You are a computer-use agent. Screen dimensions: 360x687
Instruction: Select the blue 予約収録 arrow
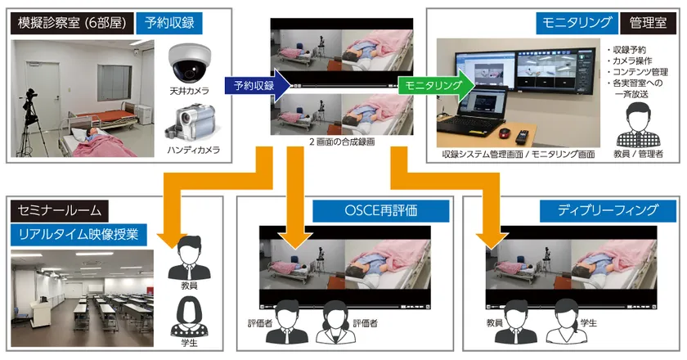click(x=258, y=85)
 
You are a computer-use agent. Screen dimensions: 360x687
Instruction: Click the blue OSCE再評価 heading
click(x=364, y=210)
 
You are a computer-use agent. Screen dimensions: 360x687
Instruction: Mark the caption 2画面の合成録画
click(x=342, y=141)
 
